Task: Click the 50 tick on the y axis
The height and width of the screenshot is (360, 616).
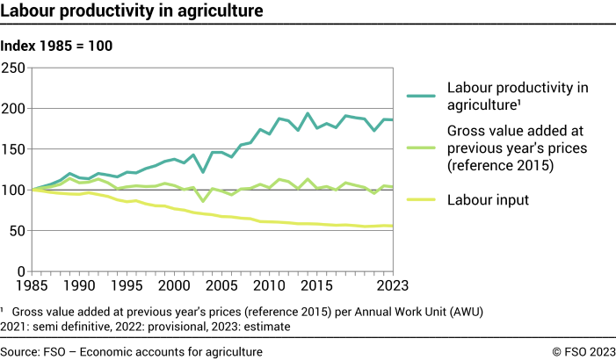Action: tap(19, 231)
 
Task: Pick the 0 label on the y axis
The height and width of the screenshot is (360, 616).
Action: tap(24, 271)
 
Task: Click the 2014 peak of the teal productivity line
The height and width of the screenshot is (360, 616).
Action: tap(308, 113)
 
